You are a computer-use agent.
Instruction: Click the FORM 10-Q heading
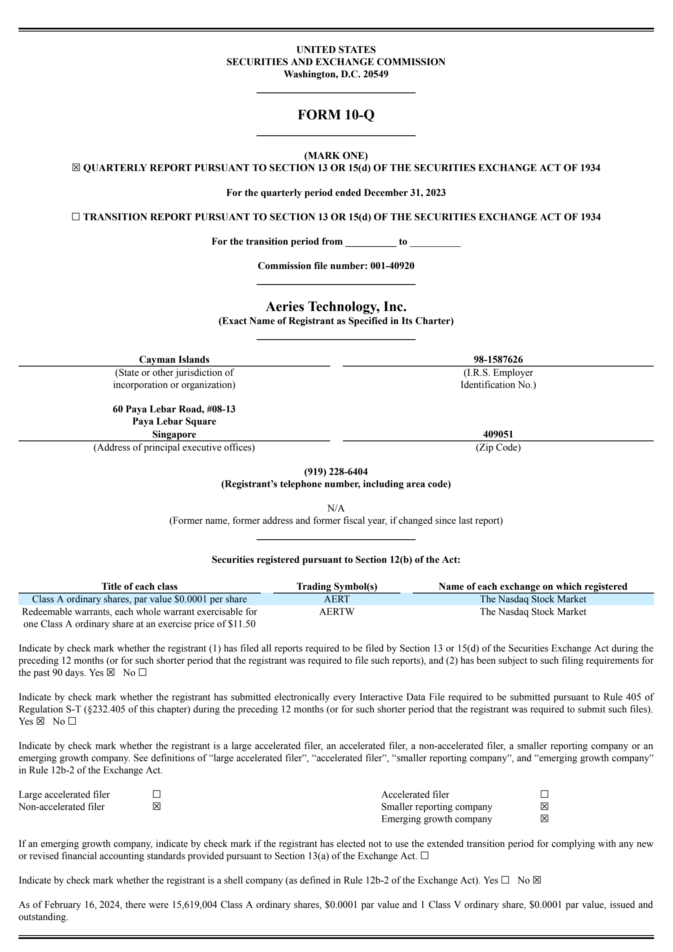336,115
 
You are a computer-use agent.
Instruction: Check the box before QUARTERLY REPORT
76,168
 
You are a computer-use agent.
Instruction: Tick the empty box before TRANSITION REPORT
76,217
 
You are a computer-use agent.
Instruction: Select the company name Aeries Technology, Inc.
336,306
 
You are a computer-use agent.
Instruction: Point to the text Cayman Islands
174,359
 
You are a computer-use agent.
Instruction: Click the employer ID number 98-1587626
498,359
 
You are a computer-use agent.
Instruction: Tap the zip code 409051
498,434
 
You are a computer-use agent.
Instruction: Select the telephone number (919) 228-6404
336,472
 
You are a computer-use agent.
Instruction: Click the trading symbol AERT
336,599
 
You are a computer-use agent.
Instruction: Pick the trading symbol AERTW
336,612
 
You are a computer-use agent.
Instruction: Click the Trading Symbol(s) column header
336,586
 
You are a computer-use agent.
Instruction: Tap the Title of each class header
139,586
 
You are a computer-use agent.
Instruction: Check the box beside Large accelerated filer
156,794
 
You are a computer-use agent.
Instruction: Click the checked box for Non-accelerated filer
156,807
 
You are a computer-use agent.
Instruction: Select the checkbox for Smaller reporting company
544,807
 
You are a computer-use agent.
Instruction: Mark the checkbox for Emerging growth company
544,819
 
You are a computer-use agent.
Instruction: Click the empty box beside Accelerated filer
544,794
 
